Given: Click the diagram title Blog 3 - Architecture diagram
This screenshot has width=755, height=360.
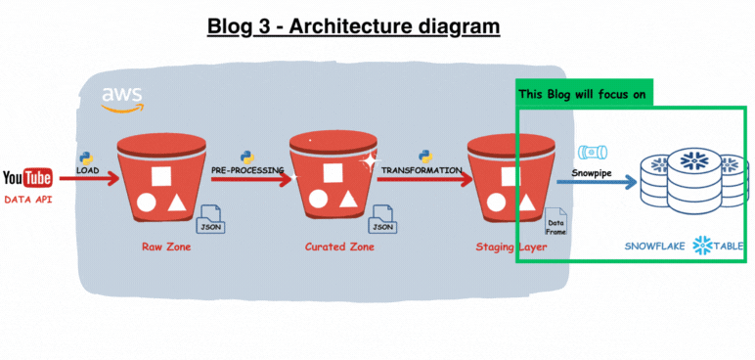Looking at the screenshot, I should point(353,25).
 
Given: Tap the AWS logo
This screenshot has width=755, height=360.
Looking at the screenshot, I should point(122,99).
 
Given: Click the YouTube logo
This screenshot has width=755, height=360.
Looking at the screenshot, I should point(27,178).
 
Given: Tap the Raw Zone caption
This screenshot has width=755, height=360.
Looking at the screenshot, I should point(164,247).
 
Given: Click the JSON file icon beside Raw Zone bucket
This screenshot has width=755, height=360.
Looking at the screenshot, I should point(211,220).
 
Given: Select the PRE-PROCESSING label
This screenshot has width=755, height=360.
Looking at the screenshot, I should point(247,171).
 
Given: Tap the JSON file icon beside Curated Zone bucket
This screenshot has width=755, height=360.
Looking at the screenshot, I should point(382,220).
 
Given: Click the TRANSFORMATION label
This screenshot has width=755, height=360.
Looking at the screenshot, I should point(422,171).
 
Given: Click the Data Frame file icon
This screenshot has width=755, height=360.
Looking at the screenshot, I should point(555,223).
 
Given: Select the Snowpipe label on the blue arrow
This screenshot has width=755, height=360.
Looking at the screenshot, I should point(594,171).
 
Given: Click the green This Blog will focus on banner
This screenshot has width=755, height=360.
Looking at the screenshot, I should point(585,95).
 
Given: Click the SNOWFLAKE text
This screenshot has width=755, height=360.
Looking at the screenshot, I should point(655,247).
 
